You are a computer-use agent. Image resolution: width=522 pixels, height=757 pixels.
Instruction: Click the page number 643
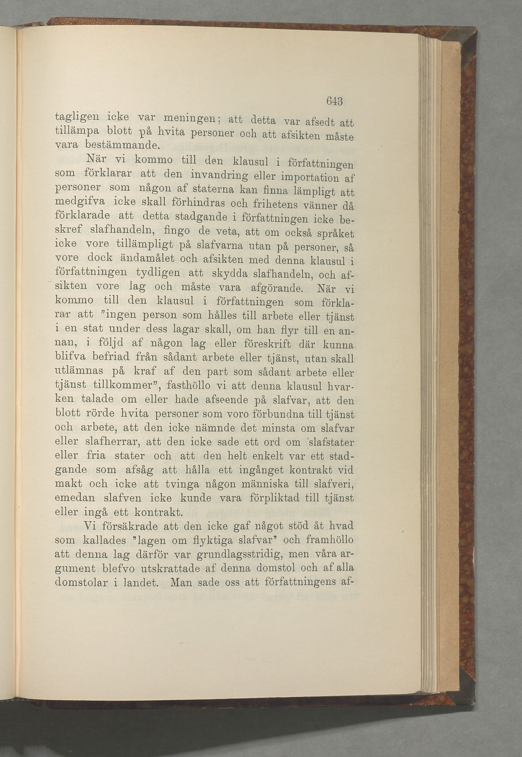click(x=334, y=101)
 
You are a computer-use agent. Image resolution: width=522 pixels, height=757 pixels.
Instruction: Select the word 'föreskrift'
click(x=272, y=344)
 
